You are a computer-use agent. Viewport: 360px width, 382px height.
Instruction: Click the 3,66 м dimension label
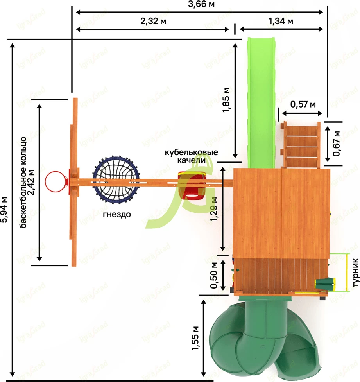tap(201, 5)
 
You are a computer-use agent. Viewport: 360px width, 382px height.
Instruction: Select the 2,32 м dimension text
tap(152, 21)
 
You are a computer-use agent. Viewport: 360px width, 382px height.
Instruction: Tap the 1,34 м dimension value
tap(281, 21)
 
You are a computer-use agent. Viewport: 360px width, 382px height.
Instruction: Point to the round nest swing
tap(116, 180)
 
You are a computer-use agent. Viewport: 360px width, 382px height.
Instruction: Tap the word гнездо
tap(117, 214)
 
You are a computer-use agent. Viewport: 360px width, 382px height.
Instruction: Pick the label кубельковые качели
tap(190, 156)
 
